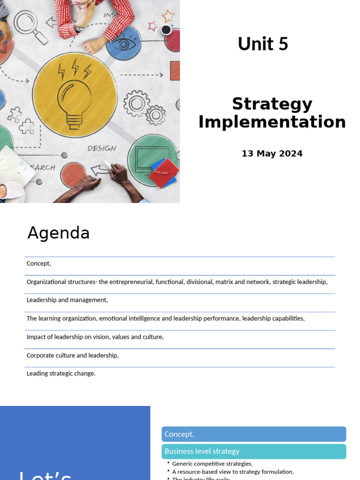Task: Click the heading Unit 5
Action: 262,44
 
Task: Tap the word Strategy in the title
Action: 272,104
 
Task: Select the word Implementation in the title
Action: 272,122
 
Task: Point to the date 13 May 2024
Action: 272,154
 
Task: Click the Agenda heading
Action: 58,233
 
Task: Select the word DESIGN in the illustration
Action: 102,148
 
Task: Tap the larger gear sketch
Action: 136,103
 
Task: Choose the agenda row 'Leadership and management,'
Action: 67,300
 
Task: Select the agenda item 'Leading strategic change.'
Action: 61,374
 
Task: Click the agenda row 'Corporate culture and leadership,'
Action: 73,355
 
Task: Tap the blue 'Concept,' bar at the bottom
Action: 254,434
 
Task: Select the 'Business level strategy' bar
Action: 254,451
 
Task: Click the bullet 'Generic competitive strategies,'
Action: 212,464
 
